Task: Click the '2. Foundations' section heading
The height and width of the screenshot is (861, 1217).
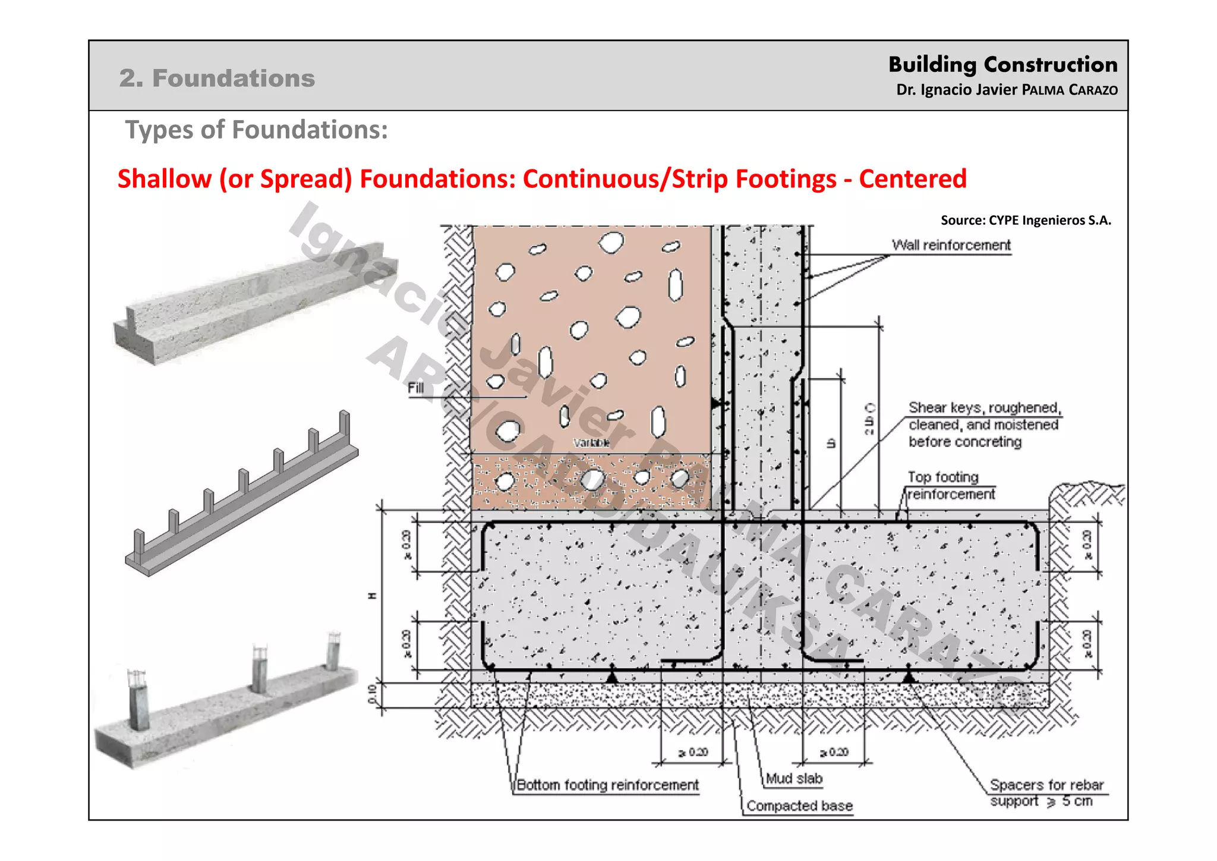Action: (x=217, y=78)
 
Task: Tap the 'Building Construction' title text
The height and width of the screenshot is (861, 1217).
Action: (x=1002, y=64)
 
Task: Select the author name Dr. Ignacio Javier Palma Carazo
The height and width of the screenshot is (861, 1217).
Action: (x=1007, y=90)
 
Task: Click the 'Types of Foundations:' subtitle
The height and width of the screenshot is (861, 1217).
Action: (x=256, y=130)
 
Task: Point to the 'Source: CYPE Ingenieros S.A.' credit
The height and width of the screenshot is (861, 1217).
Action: (x=1026, y=221)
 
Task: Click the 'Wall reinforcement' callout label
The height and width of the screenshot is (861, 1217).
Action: (x=951, y=245)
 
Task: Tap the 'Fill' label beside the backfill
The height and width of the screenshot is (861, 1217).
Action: (x=415, y=388)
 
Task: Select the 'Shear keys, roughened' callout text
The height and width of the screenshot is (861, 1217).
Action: (x=984, y=408)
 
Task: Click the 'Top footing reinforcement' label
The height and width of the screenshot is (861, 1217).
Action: (x=950, y=485)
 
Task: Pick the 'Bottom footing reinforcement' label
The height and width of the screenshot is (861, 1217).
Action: (x=607, y=785)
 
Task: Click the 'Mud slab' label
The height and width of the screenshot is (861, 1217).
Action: (x=794, y=778)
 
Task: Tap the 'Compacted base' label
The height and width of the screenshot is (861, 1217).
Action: (x=799, y=806)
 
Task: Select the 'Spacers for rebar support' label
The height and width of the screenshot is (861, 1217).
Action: (x=1045, y=793)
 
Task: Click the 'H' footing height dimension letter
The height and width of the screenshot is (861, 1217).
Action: (x=373, y=596)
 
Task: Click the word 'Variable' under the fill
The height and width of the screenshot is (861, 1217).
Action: (x=591, y=443)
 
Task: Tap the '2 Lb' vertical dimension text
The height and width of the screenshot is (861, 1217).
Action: (x=870, y=420)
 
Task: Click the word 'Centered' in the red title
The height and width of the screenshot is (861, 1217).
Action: (x=912, y=179)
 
